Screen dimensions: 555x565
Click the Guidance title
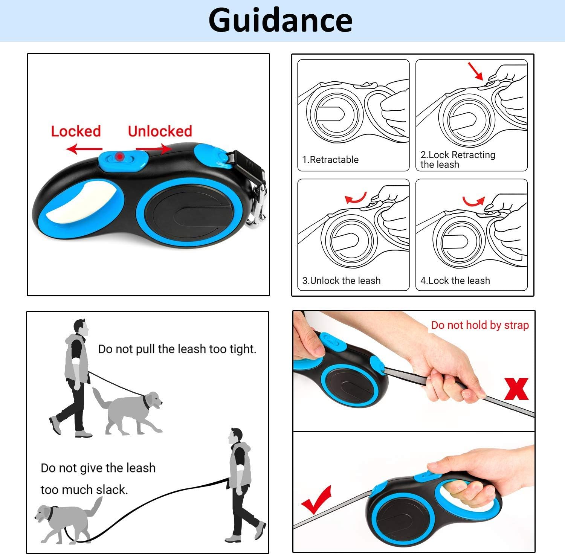[280, 20]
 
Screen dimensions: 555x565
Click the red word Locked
[76, 131]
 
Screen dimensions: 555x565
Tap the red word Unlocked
[160, 131]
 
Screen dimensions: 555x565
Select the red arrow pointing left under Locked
[84, 149]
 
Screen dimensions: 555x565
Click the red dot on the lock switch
[119, 156]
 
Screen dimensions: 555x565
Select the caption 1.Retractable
[330, 160]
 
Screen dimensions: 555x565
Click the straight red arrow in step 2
[475, 71]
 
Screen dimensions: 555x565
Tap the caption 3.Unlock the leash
[341, 281]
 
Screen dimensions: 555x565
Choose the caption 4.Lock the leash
[455, 281]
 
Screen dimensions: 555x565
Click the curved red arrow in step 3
[356, 198]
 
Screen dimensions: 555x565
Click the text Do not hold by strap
[480, 325]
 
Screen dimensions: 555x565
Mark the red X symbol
[516, 389]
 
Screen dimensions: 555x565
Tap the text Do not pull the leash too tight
[177, 349]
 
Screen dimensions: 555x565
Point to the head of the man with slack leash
[236, 436]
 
